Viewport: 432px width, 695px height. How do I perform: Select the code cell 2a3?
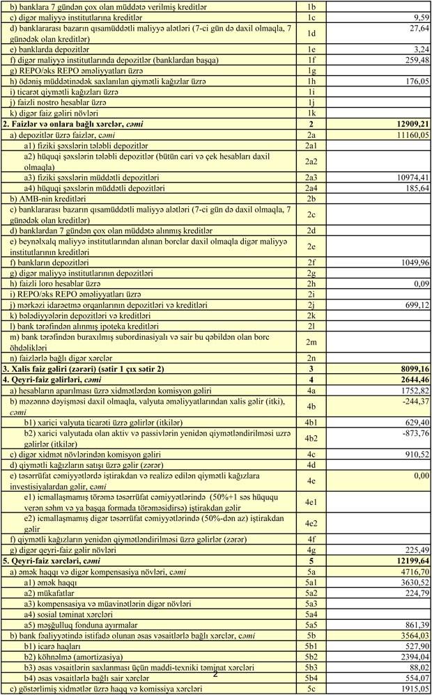[x=311, y=177]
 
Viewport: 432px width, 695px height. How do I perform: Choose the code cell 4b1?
[x=311, y=422]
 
